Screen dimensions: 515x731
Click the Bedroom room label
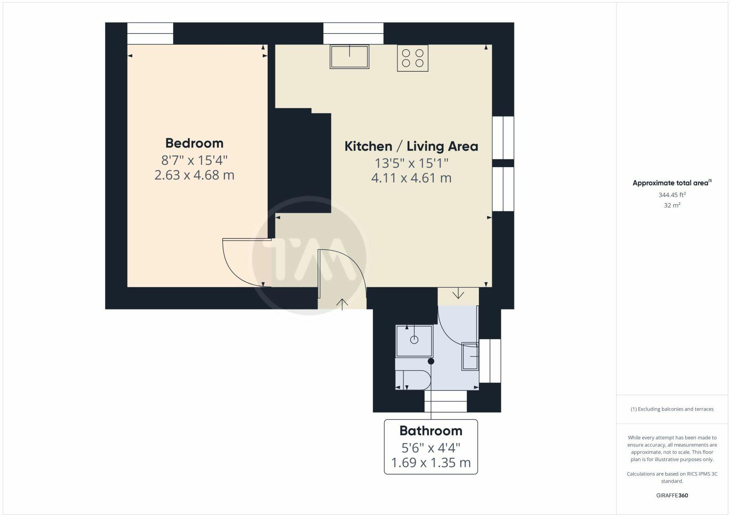(x=194, y=143)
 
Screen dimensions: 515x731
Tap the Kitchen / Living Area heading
(x=411, y=147)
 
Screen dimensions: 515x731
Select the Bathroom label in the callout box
(x=430, y=431)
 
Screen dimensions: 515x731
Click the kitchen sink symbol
(x=350, y=57)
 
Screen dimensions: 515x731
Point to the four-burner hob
(x=413, y=58)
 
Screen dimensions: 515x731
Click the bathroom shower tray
(x=414, y=341)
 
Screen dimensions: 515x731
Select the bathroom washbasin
(x=470, y=356)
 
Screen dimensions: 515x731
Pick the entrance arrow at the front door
(x=342, y=303)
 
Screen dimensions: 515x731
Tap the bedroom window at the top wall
(x=150, y=33)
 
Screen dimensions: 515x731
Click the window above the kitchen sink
(x=353, y=33)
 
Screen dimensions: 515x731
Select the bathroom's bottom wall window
(x=445, y=401)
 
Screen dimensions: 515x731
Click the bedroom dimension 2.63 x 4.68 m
(x=194, y=175)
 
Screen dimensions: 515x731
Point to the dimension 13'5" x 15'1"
(x=411, y=163)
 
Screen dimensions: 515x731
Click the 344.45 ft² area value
(x=672, y=195)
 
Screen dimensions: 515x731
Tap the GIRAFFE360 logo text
(x=672, y=495)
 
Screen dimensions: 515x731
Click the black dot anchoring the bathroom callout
(x=431, y=361)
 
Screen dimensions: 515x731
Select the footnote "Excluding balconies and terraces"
(x=672, y=409)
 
